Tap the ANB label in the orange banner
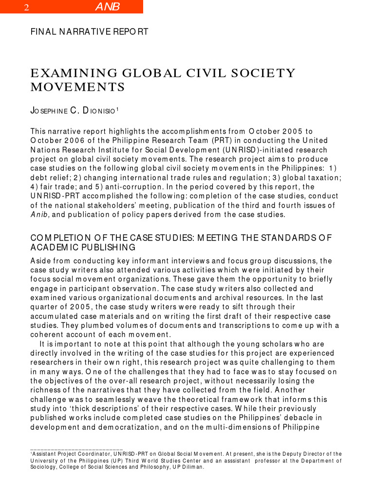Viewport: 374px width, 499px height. (107, 7)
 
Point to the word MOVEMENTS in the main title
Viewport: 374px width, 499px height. (77, 88)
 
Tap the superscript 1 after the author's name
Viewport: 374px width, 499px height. (117, 109)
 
